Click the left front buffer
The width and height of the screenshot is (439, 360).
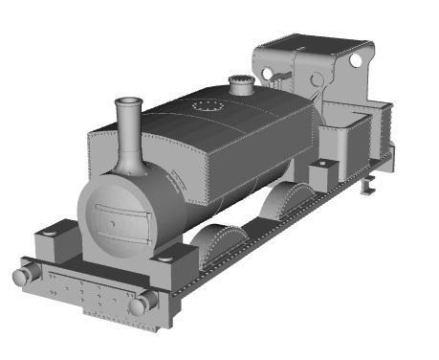(23, 276)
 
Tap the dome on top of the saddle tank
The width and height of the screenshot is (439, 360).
(242, 85)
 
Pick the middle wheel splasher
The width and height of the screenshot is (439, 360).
(289, 198)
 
